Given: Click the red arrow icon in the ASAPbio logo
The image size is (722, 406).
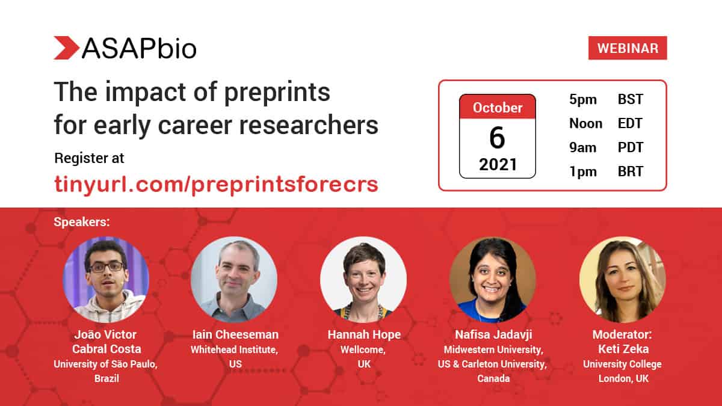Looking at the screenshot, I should pos(66,48).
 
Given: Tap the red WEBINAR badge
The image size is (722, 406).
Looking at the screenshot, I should pos(628,48).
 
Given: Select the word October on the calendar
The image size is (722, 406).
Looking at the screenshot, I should pos(497,108).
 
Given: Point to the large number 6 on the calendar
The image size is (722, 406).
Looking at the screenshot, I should pos(497,138).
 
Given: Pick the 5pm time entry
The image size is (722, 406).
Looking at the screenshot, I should pos(583,100).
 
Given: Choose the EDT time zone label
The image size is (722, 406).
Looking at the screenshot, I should pos(630,124).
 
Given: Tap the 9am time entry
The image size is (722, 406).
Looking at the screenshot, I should pos(583,147).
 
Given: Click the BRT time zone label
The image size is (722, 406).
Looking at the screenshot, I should pos(630,171).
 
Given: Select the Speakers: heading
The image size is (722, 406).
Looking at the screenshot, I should pos(82,222).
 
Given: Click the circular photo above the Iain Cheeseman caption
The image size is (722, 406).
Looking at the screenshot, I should pos(234,280).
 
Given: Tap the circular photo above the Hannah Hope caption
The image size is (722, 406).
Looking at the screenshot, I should pos(363,280).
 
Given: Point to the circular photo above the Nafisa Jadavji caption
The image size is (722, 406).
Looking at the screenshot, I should pos(492,280).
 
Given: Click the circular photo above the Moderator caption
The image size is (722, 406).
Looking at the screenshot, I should pos(622,280).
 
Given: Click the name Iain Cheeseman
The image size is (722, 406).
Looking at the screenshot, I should pos(234,335).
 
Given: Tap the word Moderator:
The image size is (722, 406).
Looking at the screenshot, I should pos(622,335).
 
